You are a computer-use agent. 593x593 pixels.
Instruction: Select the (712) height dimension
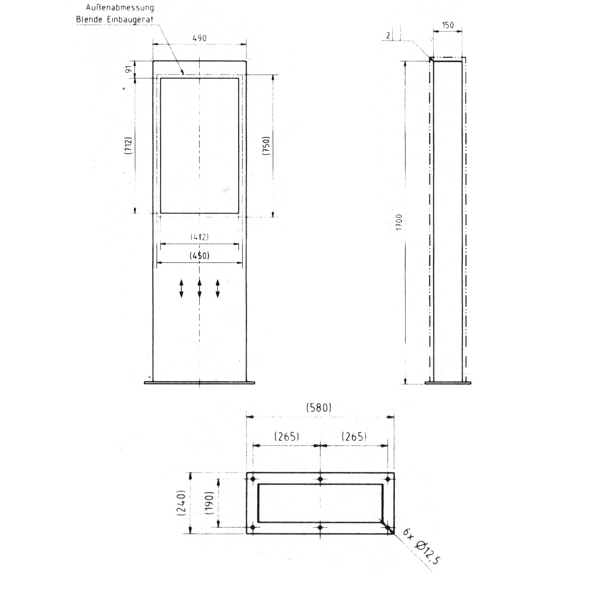[127, 146]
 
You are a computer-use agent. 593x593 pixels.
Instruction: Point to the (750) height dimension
[265, 146]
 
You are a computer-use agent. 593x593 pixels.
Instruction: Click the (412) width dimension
[199, 237]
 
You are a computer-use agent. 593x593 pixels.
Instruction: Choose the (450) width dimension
[199, 255]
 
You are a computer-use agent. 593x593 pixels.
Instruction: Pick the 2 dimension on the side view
[388, 36]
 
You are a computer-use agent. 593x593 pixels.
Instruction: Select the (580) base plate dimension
[319, 408]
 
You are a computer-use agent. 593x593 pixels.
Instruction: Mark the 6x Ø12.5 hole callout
[421, 547]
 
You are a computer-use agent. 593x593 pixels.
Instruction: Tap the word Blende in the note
[88, 19]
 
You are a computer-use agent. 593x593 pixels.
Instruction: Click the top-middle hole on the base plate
[321, 479]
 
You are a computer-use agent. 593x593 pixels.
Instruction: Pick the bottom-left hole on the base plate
[253, 528]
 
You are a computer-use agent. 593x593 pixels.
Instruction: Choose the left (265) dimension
[286, 436]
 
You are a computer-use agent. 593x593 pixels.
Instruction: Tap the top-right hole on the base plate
[388, 479]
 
